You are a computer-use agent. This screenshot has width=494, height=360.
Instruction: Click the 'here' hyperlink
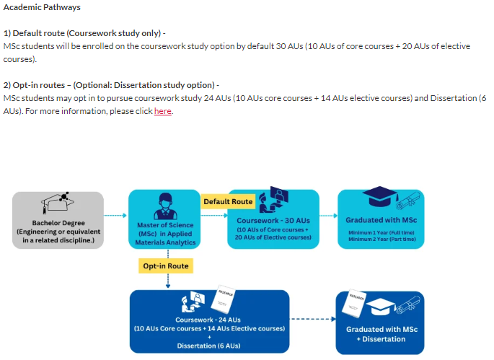click(x=163, y=111)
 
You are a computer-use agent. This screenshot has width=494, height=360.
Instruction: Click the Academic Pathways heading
click(x=42, y=7)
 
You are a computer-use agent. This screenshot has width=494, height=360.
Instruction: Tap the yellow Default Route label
click(x=227, y=201)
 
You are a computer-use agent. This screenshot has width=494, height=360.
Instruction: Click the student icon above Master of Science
click(x=164, y=203)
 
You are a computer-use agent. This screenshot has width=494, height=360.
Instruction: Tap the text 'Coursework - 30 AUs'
click(x=273, y=220)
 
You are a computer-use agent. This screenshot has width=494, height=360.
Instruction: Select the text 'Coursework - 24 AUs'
click(x=209, y=320)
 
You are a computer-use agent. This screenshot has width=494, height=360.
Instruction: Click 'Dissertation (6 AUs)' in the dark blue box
click(x=209, y=346)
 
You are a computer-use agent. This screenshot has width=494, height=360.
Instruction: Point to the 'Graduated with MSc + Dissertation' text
click(x=380, y=334)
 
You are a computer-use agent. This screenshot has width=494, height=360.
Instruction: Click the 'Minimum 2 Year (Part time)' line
click(x=381, y=238)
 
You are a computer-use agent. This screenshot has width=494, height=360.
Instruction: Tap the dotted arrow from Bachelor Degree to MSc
click(x=115, y=215)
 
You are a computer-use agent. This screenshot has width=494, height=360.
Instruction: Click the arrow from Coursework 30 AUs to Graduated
click(x=328, y=215)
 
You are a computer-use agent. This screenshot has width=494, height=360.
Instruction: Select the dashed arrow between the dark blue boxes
click(x=312, y=319)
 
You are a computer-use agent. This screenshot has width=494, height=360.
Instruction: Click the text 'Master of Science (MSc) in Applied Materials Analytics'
click(x=165, y=233)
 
